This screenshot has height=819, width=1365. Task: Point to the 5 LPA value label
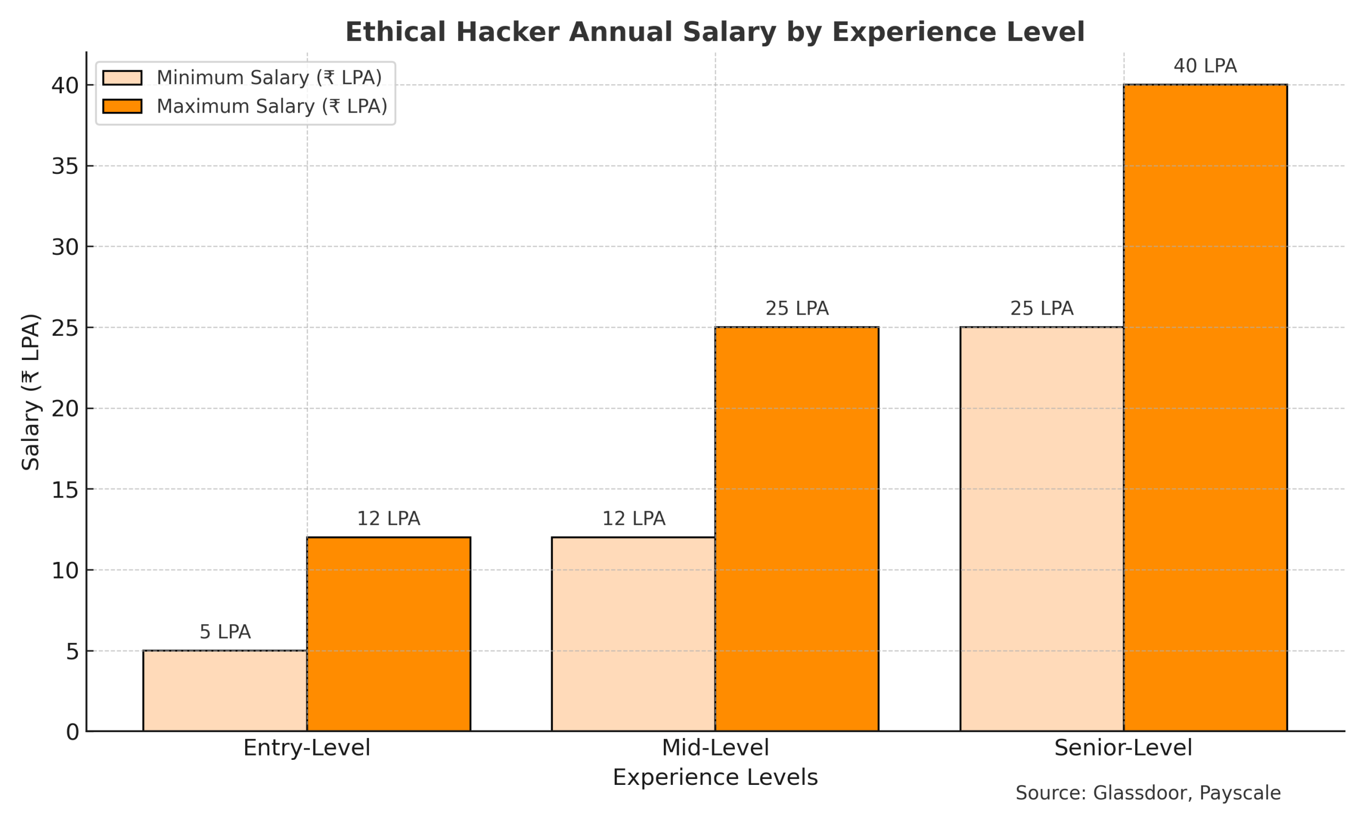224,632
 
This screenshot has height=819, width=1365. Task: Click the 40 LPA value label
1205,66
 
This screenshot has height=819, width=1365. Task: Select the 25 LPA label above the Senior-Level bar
1041,309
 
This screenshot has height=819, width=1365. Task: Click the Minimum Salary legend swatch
122,78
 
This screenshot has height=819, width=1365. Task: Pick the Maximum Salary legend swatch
122,106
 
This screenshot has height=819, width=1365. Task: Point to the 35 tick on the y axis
65,166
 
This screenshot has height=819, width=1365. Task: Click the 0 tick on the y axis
73,732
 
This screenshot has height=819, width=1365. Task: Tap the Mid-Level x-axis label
715,748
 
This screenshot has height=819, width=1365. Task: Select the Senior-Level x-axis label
1123,748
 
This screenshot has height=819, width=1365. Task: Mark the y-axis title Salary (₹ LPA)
31,392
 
